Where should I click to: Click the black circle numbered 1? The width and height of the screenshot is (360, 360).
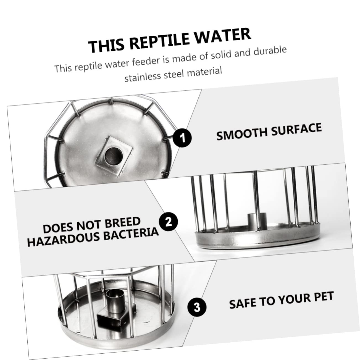coord(182,137)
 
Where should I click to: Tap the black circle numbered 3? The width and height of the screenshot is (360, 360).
coord(197,307)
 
